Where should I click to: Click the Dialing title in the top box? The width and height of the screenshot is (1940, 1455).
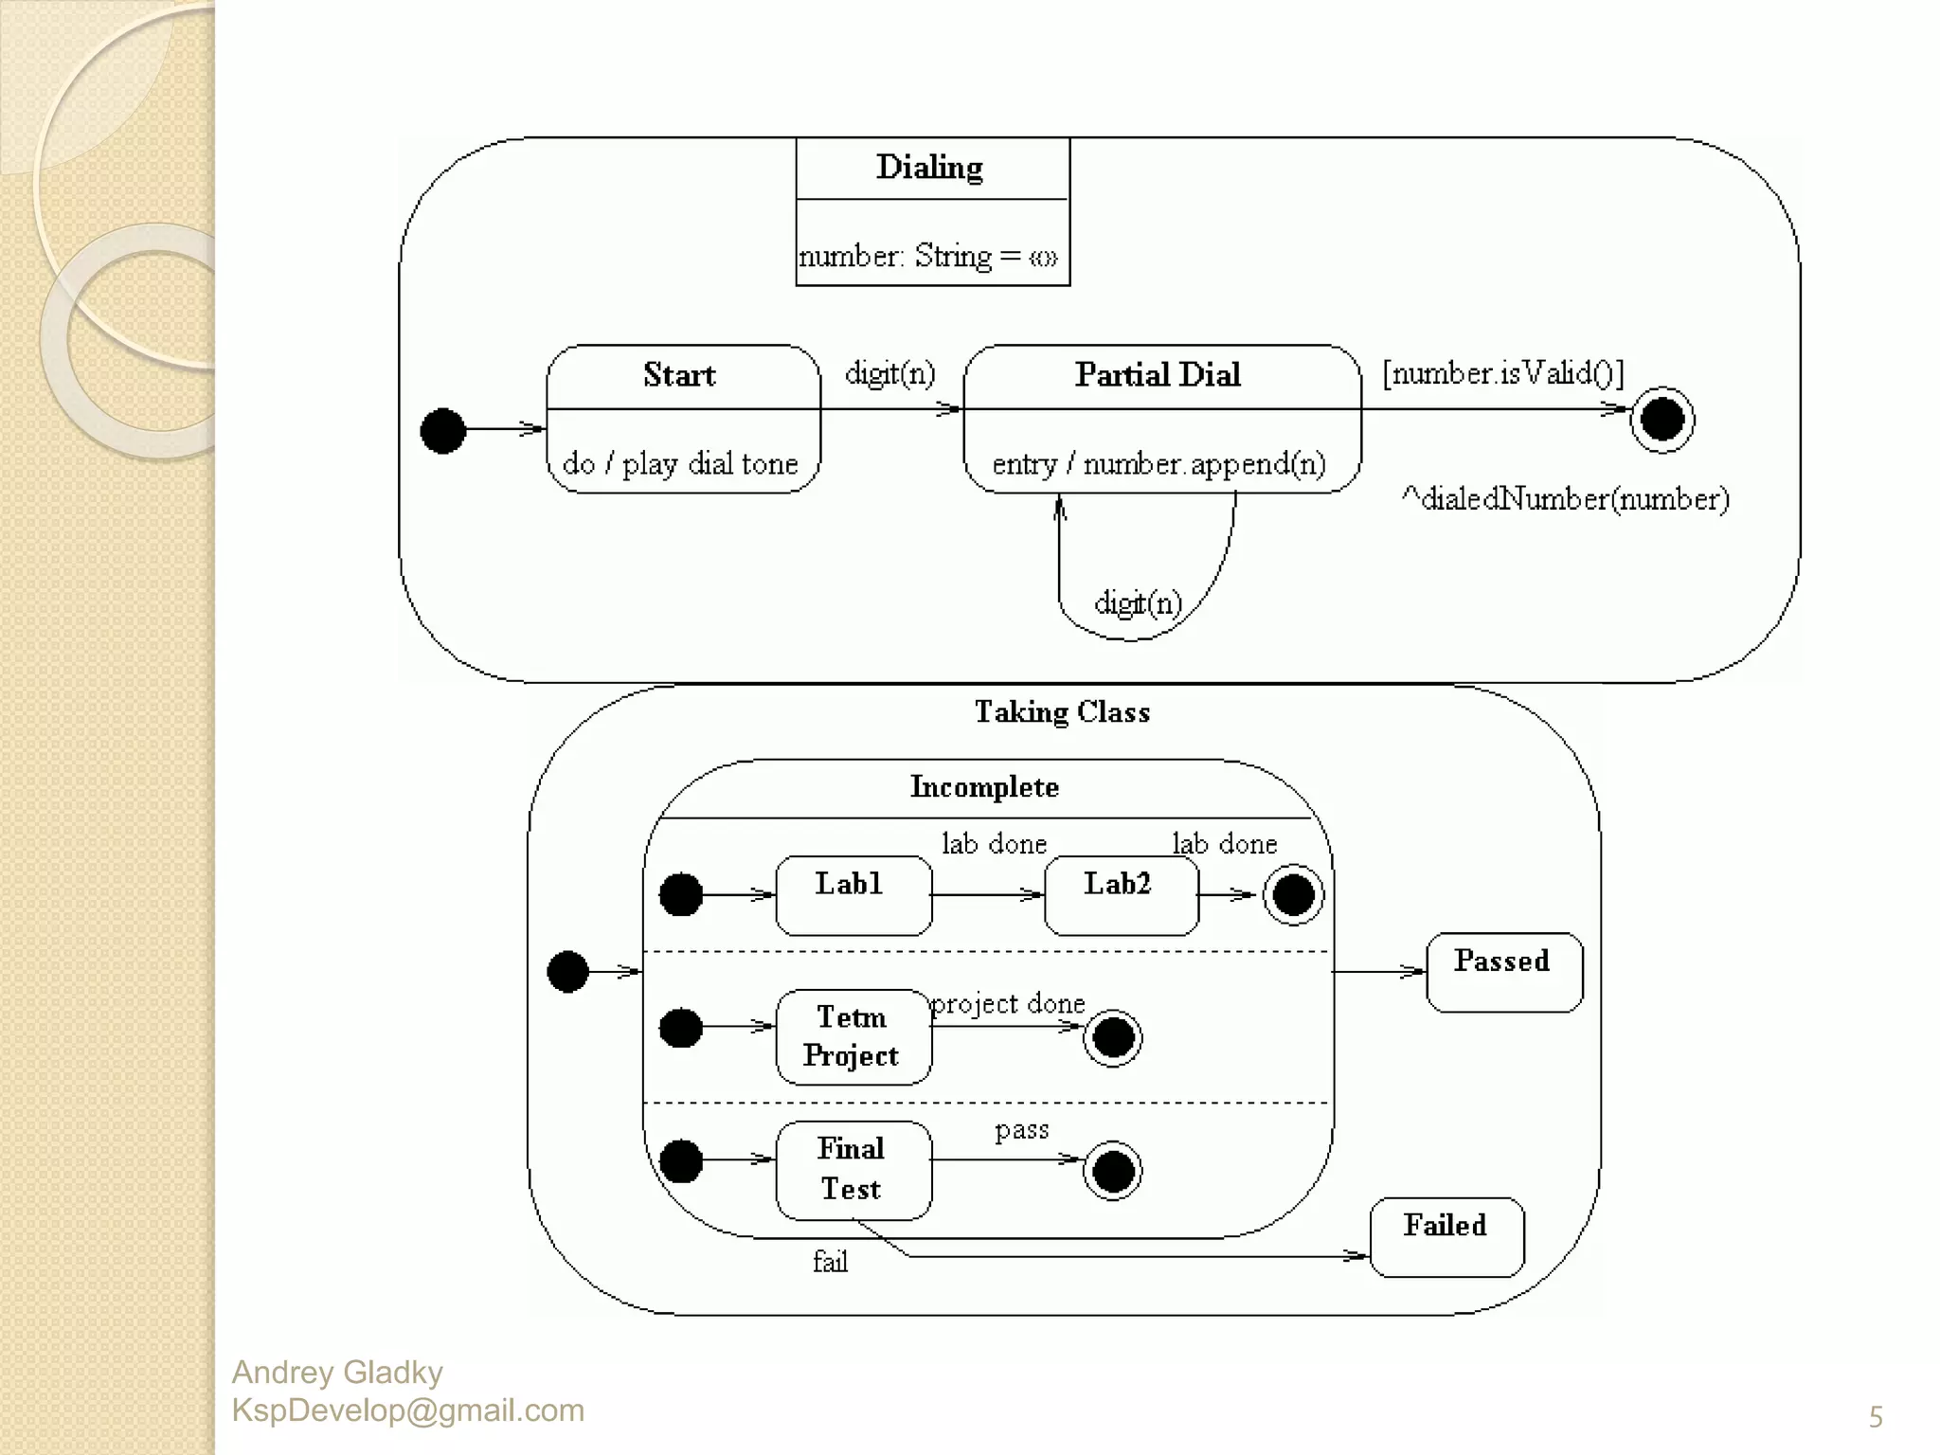click(x=929, y=168)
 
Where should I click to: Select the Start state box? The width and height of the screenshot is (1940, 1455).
click(x=683, y=419)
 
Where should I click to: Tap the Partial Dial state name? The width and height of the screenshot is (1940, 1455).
click(x=1158, y=375)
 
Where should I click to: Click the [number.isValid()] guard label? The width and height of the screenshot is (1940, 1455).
click(x=1502, y=373)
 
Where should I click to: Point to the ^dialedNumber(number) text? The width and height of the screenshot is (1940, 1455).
click(x=1565, y=498)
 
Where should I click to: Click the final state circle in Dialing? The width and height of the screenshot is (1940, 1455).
click(x=1662, y=420)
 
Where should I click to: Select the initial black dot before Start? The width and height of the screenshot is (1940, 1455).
click(x=442, y=431)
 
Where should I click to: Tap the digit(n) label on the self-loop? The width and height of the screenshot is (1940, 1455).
click(x=1138, y=602)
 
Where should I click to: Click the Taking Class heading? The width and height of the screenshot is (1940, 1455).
click(x=1062, y=712)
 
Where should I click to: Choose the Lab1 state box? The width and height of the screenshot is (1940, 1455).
click(x=853, y=895)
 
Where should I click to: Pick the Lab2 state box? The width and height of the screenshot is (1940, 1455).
click(x=1121, y=895)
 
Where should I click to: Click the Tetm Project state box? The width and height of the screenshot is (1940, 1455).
click(x=853, y=1036)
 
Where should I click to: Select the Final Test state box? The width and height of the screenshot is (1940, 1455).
click(x=853, y=1170)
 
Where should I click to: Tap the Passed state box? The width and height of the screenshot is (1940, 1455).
click(x=1503, y=972)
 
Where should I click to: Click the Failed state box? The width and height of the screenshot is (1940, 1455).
click(x=1446, y=1237)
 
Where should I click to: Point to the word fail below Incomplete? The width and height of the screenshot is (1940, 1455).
click(x=830, y=1262)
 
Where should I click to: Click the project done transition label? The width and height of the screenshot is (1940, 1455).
click(x=1008, y=1004)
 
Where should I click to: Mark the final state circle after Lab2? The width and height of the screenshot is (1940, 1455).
click(x=1293, y=895)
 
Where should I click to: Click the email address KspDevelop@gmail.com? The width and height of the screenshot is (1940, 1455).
click(x=407, y=1410)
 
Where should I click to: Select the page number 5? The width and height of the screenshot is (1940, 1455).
click(x=1875, y=1417)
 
